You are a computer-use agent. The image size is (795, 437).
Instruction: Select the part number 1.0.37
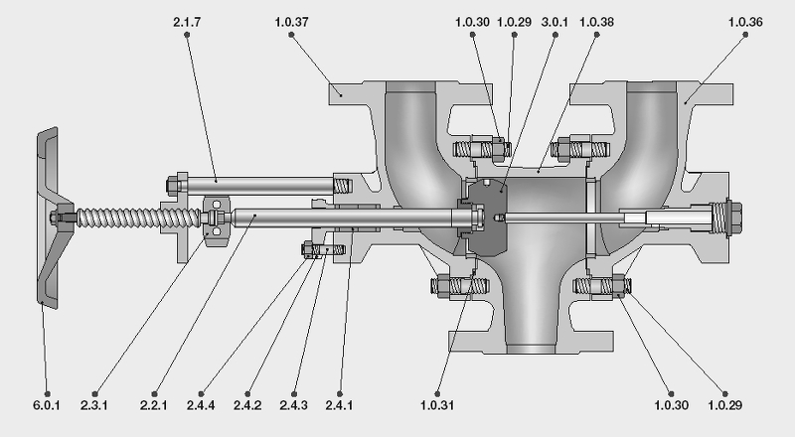click(x=290, y=20)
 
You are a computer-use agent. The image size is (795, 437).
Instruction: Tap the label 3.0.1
click(x=555, y=20)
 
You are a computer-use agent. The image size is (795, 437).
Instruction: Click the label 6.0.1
click(x=47, y=405)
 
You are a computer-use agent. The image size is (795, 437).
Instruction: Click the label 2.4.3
click(x=295, y=405)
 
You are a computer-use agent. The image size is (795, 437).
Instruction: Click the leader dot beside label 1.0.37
click(x=290, y=35)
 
